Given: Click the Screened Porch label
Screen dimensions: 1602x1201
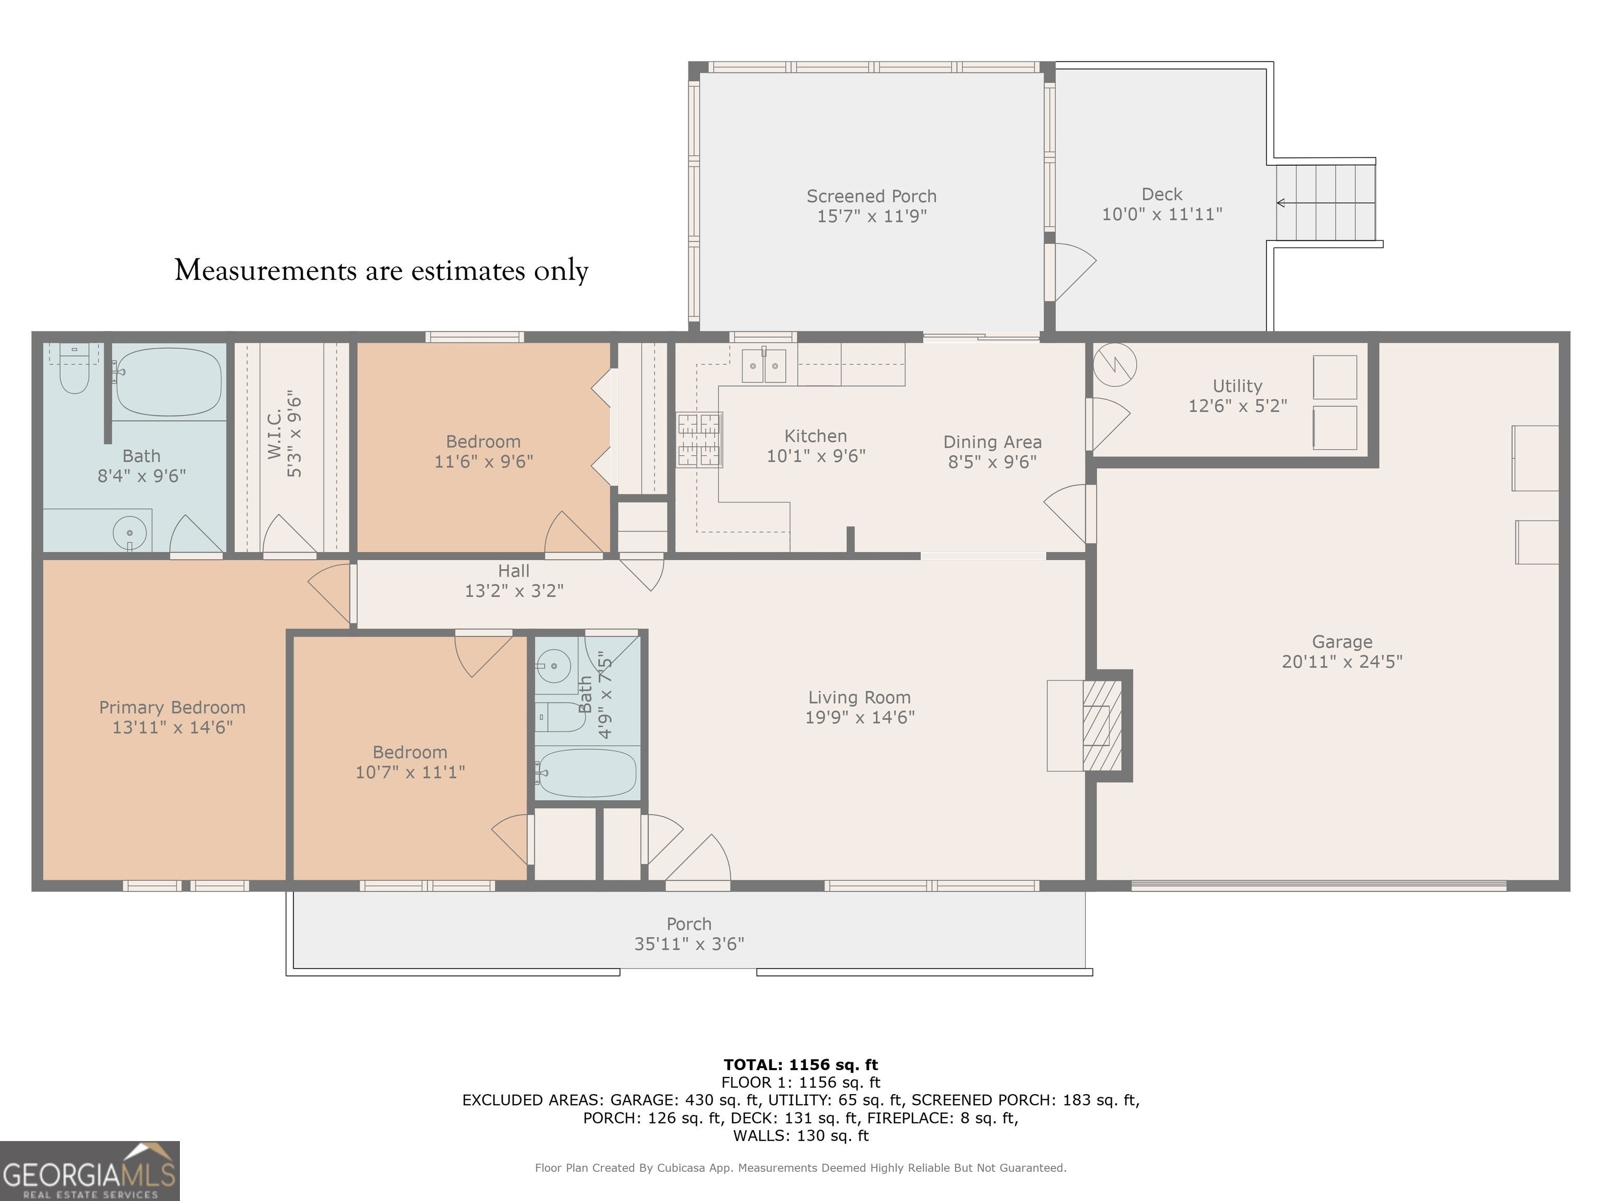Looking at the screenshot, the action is click(x=871, y=196).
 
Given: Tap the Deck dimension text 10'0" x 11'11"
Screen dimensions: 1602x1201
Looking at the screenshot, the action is click(x=1162, y=214).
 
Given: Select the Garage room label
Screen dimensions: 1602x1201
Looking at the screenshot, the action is click(x=1342, y=642).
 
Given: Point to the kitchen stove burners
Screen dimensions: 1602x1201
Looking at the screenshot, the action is click(x=699, y=439).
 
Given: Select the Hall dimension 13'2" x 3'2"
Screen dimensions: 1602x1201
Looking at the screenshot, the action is click(x=514, y=591).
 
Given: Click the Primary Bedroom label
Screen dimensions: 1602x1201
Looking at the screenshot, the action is click(x=173, y=707).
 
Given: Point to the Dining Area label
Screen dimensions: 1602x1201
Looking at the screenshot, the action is click(x=992, y=443).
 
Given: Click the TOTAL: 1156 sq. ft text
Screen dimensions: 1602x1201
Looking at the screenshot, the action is click(x=800, y=1065).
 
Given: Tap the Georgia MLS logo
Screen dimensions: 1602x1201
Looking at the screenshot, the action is click(x=90, y=1171).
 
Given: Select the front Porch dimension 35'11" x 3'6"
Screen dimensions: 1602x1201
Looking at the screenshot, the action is click(x=689, y=944).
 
